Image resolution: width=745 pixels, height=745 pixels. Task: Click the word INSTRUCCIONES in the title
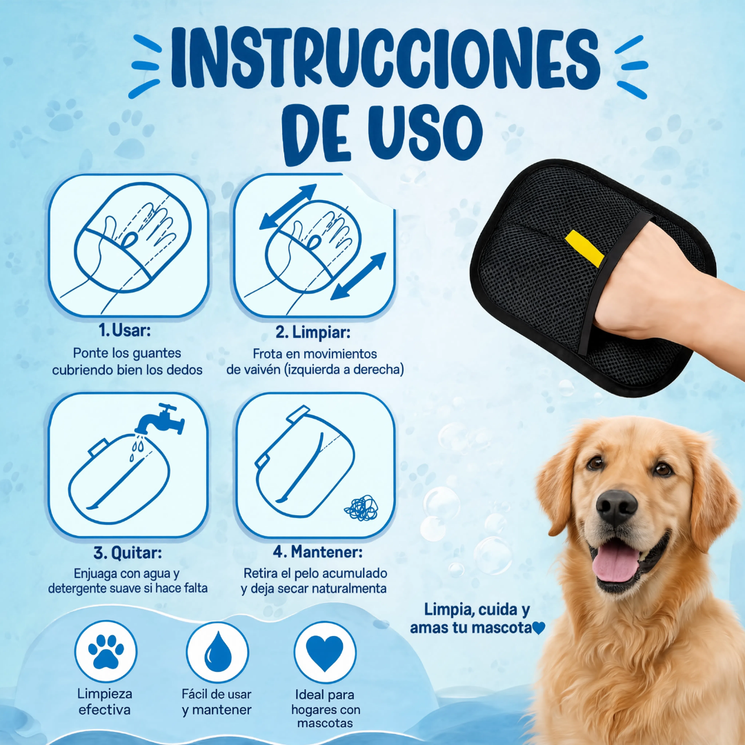click(386, 59)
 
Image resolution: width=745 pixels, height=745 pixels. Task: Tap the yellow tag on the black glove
click(584, 248)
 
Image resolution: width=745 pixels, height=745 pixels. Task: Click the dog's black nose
click(616, 508)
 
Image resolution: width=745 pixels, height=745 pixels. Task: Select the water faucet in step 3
click(161, 419)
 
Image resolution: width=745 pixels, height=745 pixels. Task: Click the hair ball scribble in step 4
click(361, 508)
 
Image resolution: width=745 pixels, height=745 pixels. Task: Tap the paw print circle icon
click(106, 651)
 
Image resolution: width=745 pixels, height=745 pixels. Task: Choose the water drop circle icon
click(217, 652)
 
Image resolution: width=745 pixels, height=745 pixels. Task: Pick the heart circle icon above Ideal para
click(325, 652)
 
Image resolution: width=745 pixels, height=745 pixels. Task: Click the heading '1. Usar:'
click(124, 330)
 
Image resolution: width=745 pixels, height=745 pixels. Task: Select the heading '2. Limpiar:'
click(313, 332)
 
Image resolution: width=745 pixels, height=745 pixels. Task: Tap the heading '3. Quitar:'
click(128, 553)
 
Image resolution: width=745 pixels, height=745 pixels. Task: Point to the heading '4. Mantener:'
click(317, 552)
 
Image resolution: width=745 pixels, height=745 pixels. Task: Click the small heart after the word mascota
click(538, 628)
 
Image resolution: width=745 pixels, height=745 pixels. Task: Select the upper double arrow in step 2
click(288, 207)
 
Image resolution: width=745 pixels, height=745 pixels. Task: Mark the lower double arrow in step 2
click(358, 277)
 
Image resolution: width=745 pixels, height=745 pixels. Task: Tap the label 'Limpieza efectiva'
click(105, 702)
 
